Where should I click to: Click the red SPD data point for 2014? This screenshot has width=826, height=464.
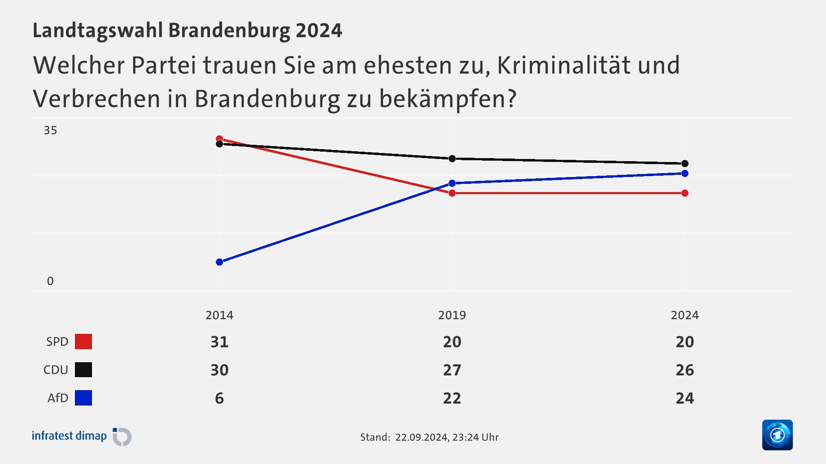pyautogui.click(x=219, y=139)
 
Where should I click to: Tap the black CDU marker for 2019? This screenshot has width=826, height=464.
pyautogui.click(x=452, y=159)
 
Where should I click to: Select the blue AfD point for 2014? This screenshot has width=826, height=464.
pyautogui.click(x=219, y=262)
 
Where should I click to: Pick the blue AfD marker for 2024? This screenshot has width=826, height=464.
pyautogui.click(x=685, y=174)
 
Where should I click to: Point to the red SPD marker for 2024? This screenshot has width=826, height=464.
pyautogui.click(x=685, y=193)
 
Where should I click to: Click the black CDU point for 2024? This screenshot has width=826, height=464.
pyautogui.click(x=685, y=164)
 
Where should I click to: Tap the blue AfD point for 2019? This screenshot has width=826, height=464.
pyautogui.click(x=452, y=183)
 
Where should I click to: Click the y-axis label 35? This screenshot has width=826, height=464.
pyautogui.click(x=50, y=131)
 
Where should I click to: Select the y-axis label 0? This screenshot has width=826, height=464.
pyautogui.click(x=50, y=281)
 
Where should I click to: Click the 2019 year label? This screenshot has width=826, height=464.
pyautogui.click(x=452, y=315)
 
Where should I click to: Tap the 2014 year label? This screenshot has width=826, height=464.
pyautogui.click(x=219, y=315)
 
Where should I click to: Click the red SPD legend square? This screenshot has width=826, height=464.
pyautogui.click(x=83, y=342)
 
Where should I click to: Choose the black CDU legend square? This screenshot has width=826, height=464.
pyautogui.click(x=83, y=370)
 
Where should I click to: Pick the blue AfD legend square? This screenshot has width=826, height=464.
pyautogui.click(x=83, y=398)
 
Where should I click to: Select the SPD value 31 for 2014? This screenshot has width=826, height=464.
pyautogui.click(x=219, y=342)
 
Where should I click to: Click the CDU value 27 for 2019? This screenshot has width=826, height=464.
pyautogui.click(x=452, y=370)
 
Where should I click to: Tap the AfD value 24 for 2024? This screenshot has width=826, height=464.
pyautogui.click(x=685, y=398)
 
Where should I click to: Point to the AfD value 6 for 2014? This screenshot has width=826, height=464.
pyautogui.click(x=219, y=398)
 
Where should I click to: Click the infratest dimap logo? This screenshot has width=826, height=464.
pyautogui.click(x=82, y=437)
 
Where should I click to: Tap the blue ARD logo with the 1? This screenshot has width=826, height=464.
pyautogui.click(x=777, y=435)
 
